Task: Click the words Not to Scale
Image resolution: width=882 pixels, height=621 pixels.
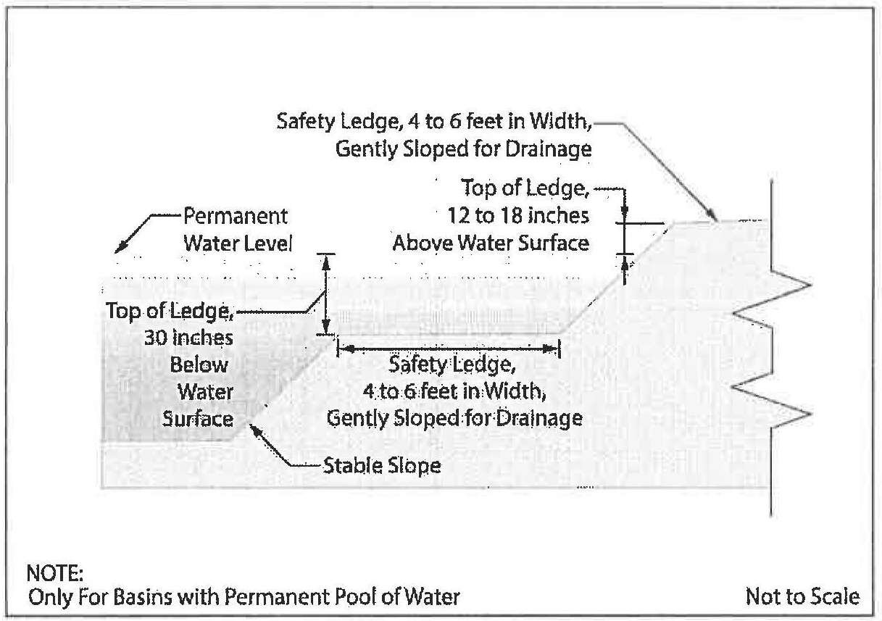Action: pos(802,597)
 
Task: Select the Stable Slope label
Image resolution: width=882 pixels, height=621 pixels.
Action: pos(382,464)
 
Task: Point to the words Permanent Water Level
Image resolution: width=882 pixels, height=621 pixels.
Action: pos(235,229)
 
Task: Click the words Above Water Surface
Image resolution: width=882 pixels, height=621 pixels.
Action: pos(491,243)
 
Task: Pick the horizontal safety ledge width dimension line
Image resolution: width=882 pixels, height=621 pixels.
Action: pos(449,349)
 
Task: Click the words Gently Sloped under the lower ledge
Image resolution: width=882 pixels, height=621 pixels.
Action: pos(381,418)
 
